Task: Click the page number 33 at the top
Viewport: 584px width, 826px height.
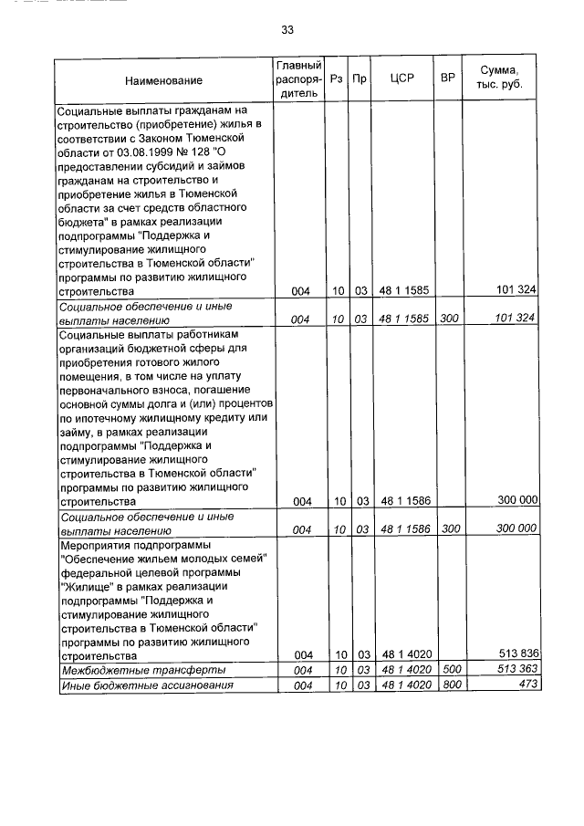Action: (287, 29)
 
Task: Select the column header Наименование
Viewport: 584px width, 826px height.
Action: (164, 80)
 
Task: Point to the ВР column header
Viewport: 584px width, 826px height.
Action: (447, 79)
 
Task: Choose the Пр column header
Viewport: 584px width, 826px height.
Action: (360, 79)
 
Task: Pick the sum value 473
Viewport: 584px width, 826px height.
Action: (526, 685)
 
